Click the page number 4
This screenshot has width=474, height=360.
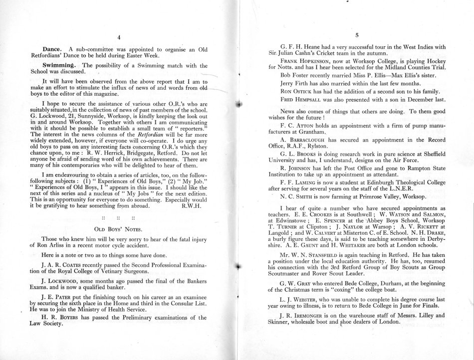click(119, 37)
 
